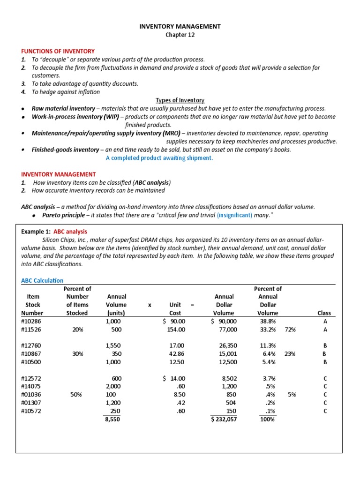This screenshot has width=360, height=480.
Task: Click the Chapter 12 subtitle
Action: [180, 35]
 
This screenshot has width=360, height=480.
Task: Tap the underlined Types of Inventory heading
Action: [180, 100]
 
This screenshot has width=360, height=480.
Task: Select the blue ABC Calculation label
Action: [42, 280]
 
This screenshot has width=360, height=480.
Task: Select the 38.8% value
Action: [268, 322]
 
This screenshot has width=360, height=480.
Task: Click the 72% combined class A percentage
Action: [290, 330]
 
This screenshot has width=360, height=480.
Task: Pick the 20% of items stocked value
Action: [77, 330]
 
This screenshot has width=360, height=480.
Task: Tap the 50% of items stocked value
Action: [77, 395]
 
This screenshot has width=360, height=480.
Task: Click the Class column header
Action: [324, 313]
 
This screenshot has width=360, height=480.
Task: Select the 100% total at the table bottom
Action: [267, 420]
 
